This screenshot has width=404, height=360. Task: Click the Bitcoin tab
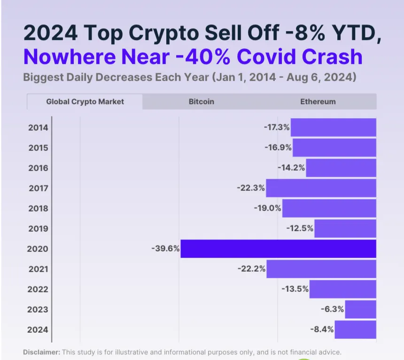pos(202,102)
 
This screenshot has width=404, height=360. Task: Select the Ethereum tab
pos(318,102)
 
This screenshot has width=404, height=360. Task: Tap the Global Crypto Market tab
pos(85,102)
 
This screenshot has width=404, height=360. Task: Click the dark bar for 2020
pos(278,249)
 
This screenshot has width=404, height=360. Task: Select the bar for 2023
pos(360,309)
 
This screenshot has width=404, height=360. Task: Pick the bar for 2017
pos(321,188)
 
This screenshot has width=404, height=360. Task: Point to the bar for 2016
pos(341,168)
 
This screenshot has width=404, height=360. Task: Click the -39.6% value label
pos(165,249)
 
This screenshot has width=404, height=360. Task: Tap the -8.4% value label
pos(322,329)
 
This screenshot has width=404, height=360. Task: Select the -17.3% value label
pos(277,127)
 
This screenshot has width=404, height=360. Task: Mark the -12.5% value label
pos(300,228)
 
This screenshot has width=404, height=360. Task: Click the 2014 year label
pos(38,127)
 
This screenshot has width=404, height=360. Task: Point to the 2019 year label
pos(38,228)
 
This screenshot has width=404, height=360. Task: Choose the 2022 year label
pos(38,289)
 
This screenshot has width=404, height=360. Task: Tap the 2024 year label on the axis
pos(38,329)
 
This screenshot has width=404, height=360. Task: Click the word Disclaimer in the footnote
pos(41,352)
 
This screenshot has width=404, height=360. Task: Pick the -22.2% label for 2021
pos(252,269)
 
